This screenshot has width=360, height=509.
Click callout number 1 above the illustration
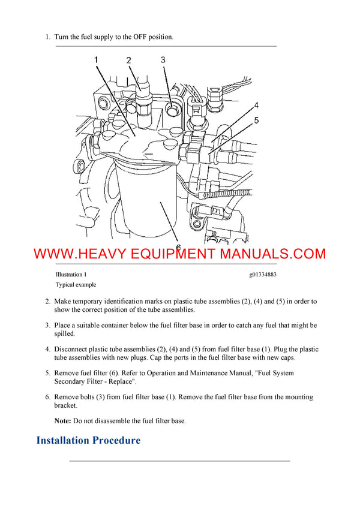pyautogui.click(x=97, y=59)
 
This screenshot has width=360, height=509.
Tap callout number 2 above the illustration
pyautogui.click(x=128, y=60)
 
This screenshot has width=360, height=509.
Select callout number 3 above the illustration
pyautogui.click(x=163, y=59)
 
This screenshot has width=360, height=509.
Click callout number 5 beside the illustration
pyautogui.click(x=256, y=121)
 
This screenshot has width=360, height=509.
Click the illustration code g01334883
pyautogui.click(x=262, y=274)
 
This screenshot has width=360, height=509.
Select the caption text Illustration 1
pyautogui.click(x=71, y=274)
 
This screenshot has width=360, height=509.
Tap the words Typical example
pyautogui.click(x=76, y=285)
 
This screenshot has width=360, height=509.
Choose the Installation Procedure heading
pyautogui.click(x=88, y=441)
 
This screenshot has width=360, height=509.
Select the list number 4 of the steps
pyautogui.click(x=47, y=350)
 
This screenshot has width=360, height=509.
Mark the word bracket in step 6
pyautogui.click(x=65, y=405)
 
